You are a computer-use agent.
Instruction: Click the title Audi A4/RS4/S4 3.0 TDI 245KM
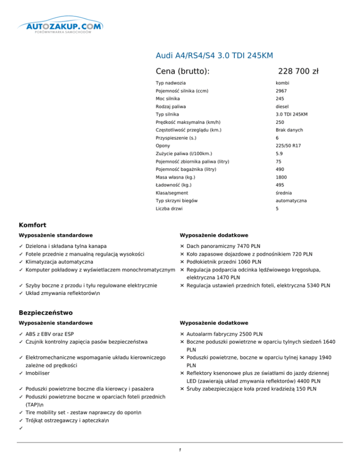pos(214,56)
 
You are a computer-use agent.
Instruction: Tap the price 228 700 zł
pos(298,71)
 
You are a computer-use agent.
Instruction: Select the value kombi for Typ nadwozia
pos(283,83)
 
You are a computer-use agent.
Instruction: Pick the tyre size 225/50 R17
pos(288,146)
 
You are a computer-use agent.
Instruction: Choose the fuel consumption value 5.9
pos(279,154)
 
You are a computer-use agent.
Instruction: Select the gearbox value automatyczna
pos(291,201)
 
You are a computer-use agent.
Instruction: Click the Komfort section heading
pos(32,225)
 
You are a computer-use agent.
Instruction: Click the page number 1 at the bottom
pos(180,450)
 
